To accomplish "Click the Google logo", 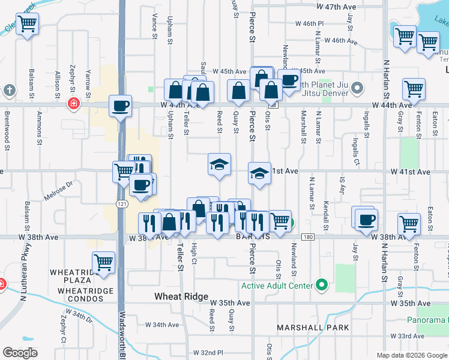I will tap(20, 353).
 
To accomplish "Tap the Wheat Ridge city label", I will tap(181, 297).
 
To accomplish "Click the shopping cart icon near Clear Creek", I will tap(27, 25).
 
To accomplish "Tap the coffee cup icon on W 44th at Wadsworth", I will tap(121, 106).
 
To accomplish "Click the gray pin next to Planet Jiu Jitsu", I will tap(357, 89).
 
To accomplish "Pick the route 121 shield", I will tap(121, 204).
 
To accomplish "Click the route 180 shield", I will tap(308, 237).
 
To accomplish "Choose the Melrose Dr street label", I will tap(58, 194).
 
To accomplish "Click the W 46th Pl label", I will tap(309, 23).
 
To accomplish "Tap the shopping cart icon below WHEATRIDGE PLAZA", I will tap(103, 262).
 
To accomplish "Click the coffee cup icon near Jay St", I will tap(365, 219).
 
